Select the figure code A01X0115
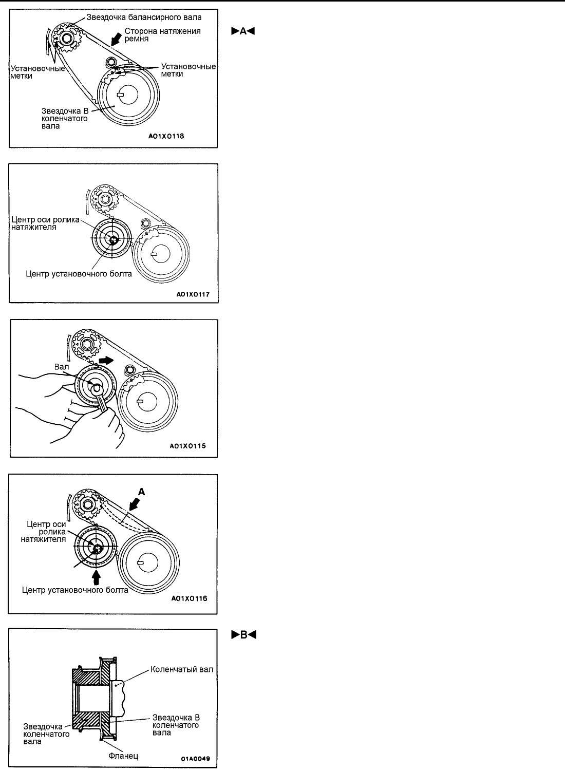(188, 446)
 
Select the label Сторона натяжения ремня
(162, 35)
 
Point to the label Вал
(62, 367)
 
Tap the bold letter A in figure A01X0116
(142, 492)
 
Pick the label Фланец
(123, 756)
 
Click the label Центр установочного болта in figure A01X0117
(79, 274)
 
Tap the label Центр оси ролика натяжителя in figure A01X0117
(45, 224)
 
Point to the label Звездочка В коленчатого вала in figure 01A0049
(176, 725)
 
